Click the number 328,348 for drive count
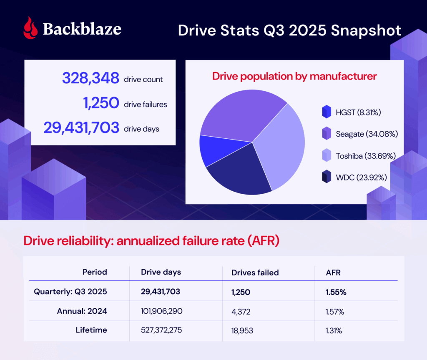click(90, 78)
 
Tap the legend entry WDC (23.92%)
click(361, 177)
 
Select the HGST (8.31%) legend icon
click(327, 112)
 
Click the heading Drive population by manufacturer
click(294, 76)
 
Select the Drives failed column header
click(255, 272)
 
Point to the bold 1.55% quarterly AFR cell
click(336, 292)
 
